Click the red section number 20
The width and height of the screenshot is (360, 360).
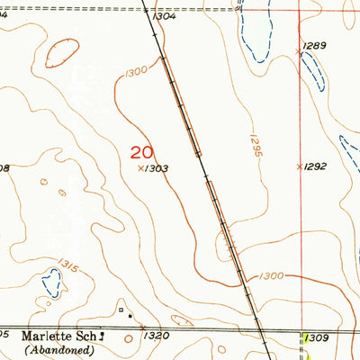141,153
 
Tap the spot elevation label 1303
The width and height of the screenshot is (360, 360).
157,168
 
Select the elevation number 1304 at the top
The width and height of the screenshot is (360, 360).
166,16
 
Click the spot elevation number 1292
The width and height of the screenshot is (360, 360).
314,166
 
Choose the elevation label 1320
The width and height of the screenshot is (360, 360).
156,336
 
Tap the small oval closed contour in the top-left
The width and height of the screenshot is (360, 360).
60,53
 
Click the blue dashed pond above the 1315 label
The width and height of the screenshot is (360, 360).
51,286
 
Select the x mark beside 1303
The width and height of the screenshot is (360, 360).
139,167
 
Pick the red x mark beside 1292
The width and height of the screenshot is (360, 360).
300,166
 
